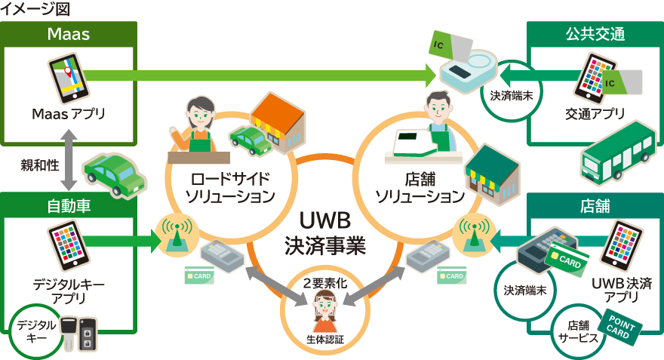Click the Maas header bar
69,34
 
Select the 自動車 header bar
69,205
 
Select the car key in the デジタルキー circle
78,333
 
